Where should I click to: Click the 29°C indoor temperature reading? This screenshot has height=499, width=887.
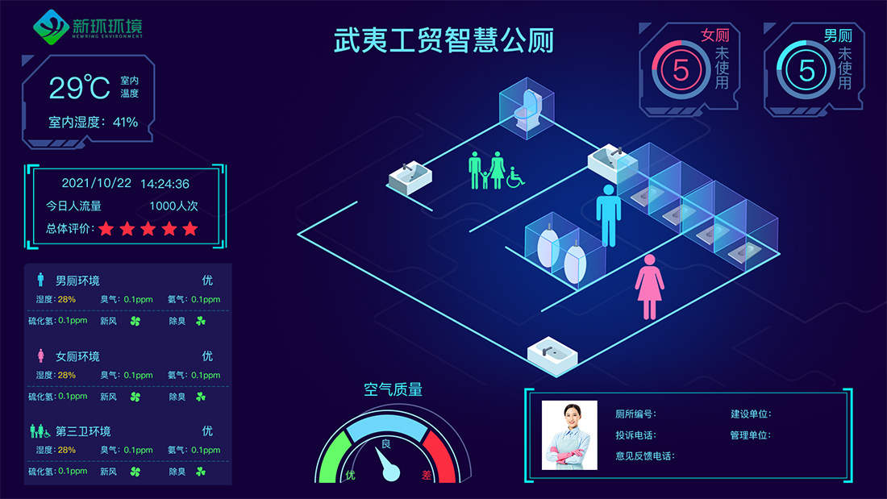pos(80,88)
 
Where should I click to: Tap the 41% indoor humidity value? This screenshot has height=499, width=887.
pos(126,122)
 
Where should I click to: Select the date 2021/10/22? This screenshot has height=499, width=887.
pos(96,183)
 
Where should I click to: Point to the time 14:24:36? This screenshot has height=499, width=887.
pos(164,184)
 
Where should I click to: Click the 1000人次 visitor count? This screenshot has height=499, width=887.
pos(173,206)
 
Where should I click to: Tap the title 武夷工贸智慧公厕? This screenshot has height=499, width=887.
pos(443,41)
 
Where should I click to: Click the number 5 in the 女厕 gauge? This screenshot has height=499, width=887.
pos(681,71)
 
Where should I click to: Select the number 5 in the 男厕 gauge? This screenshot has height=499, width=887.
pos(806,71)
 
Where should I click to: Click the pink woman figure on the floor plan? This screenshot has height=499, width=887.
pos(649,287)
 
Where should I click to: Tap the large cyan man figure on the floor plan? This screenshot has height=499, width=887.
pos(609,215)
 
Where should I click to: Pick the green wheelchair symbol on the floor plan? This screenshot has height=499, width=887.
pos(515,177)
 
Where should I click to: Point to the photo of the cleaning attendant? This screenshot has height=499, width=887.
pos(569,435)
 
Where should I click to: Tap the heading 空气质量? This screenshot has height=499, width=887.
pos(394,389)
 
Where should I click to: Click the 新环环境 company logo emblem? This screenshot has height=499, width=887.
pos(51,27)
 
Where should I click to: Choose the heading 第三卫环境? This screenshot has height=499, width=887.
pos(83,431)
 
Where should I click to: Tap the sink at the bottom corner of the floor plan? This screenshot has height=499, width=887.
pos(552,354)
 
